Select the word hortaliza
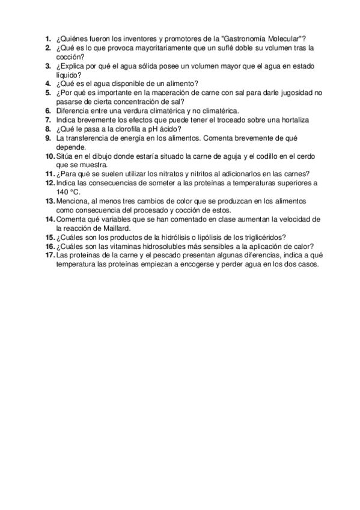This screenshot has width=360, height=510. [290, 120]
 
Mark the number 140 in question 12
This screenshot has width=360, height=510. [63, 192]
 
